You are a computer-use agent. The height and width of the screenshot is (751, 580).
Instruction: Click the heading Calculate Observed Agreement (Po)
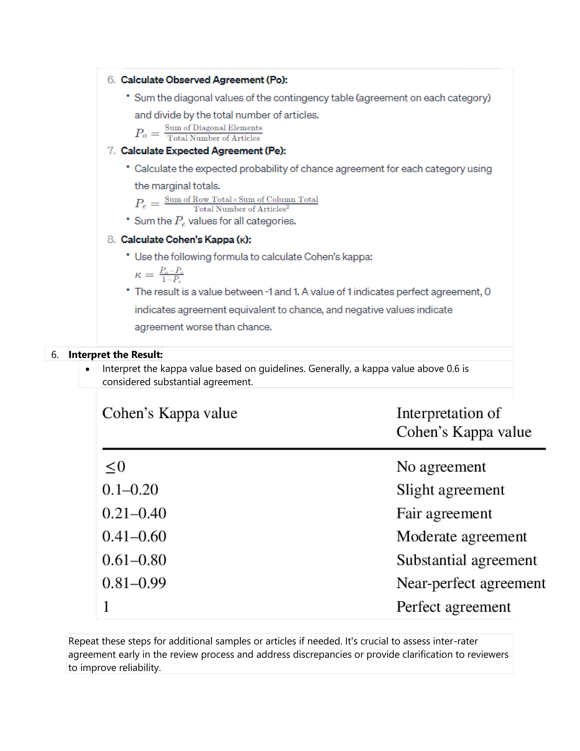(204, 80)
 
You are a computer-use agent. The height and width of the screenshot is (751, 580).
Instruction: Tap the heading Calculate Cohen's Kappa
(185, 239)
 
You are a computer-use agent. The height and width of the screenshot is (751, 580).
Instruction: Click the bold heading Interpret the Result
(116, 355)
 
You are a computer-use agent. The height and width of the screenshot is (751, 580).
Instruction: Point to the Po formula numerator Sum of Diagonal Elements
(213, 128)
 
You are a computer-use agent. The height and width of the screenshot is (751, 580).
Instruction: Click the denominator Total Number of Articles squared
(241, 209)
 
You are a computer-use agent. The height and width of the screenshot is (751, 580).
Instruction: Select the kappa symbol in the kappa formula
(138, 275)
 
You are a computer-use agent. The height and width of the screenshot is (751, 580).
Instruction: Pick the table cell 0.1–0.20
(130, 490)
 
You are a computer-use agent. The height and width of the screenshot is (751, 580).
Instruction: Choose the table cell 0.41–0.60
(134, 536)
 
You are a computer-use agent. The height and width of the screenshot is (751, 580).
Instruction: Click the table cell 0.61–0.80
(134, 560)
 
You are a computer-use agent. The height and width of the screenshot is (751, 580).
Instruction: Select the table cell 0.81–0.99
(134, 583)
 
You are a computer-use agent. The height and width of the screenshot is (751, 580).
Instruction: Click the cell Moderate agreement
(461, 536)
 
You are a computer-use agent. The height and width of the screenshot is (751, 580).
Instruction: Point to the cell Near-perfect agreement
(471, 583)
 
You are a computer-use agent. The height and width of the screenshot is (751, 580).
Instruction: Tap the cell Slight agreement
(450, 490)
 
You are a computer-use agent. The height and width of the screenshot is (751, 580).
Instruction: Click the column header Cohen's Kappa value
(170, 413)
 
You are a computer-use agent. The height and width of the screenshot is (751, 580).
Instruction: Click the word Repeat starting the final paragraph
(84, 641)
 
